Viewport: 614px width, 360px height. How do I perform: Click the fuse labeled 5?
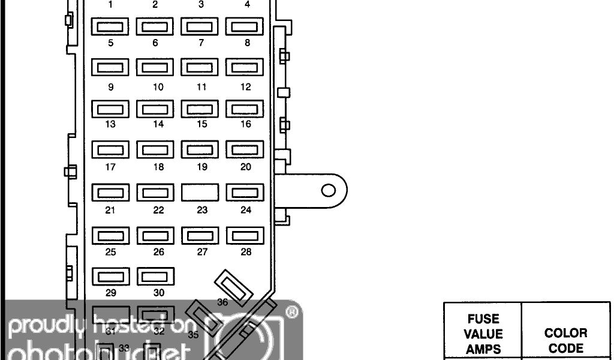(x=110, y=26)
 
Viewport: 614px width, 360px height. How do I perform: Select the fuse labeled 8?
(x=245, y=26)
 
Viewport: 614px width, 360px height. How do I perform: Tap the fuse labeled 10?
(x=155, y=68)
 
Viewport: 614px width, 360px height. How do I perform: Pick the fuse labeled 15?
(x=200, y=109)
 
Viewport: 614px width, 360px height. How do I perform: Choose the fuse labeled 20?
(x=245, y=149)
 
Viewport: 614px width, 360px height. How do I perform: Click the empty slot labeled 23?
(x=200, y=193)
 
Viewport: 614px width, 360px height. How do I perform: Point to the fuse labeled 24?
(x=245, y=193)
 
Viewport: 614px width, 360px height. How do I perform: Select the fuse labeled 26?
(x=155, y=236)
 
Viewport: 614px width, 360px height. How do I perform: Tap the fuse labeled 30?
(x=155, y=277)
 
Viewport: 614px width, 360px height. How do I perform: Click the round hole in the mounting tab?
(x=328, y=191)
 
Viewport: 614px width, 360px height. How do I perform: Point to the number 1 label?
(x=110, y=5)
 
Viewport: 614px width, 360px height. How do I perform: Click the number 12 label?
(x=245, y=87)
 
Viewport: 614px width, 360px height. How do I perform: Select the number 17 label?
(x=110, y=167)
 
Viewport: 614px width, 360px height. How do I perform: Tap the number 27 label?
(x=202, y=252)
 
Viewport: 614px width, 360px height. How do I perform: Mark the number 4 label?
(x=247, y=5)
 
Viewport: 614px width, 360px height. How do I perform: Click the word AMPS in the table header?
(x=483, y=349)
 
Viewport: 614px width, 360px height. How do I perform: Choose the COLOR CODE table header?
(x=565, y=340)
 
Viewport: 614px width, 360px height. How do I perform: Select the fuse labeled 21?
(x=110, y=193)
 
